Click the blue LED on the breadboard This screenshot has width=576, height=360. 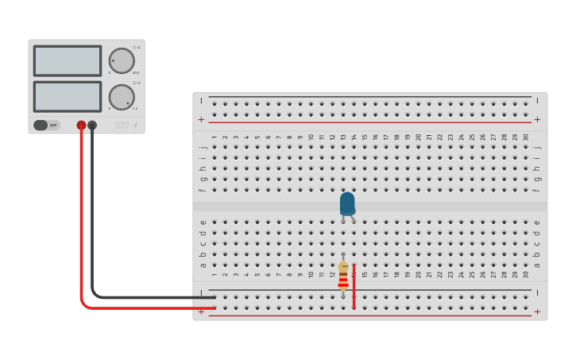pos(347,204)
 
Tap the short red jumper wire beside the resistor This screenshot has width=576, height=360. pos(354,286)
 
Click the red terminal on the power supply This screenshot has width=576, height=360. pos(81,125)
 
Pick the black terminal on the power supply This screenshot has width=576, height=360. pos(92,125)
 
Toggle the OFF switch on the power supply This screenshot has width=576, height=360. pos(46,125)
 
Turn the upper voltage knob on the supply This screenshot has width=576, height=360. pos(122,60)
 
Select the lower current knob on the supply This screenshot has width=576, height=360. pos(122,97)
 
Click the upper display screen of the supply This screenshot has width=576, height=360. pos(68,60)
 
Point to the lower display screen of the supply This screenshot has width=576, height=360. pos(68,96)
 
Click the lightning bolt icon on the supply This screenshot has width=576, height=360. pos(135,125)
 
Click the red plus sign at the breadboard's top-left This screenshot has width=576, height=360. pos(201,119)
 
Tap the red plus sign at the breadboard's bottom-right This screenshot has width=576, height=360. pos(537,312)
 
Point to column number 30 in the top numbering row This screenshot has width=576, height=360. pos(525,137)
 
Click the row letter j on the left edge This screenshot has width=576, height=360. pos(203,148)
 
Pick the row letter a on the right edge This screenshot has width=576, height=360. pos(537,265)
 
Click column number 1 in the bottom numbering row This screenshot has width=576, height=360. pos(215,275)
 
